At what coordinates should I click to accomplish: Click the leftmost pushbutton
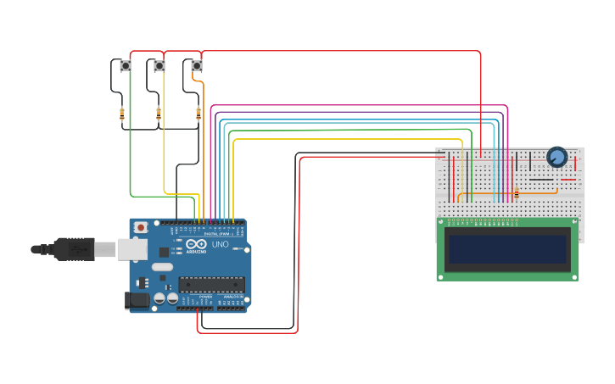(x=126, y=65)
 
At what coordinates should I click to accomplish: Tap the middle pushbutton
(x=159, y=65)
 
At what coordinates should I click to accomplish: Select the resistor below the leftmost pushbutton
(x=122, y=113)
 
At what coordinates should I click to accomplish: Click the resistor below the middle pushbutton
(x=159, y=113)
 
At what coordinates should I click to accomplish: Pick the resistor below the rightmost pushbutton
(x=198, y=113)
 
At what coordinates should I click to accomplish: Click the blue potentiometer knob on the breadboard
(x=556, y=157)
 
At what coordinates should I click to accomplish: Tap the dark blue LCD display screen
(x=507, y=249)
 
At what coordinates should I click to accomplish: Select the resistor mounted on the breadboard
(x=516, y=194)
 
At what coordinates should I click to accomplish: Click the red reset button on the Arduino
(x=141, y=227)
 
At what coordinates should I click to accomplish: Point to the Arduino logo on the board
(x=196, y=244)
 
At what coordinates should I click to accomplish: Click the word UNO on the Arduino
(x=220, y=244)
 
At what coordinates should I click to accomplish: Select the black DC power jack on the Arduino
(x=136, y=299)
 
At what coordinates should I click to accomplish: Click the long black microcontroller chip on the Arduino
(x=211, y=284)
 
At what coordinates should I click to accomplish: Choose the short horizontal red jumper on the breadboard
(x=567, y=179)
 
